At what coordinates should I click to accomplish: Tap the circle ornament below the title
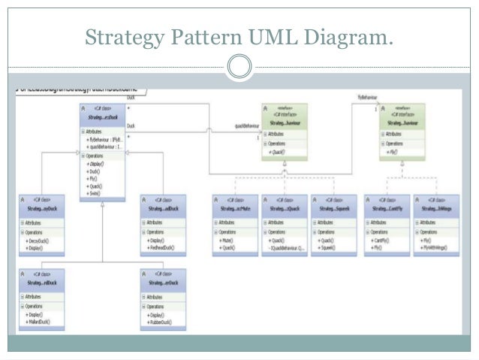(239, 67)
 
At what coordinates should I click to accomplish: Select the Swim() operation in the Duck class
(95, 193)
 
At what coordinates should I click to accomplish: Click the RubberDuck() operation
(156, 322)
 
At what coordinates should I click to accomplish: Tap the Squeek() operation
(327, 247)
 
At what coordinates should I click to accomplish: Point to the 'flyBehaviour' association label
(368, 98)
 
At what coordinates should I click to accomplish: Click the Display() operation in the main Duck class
(96, 163)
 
